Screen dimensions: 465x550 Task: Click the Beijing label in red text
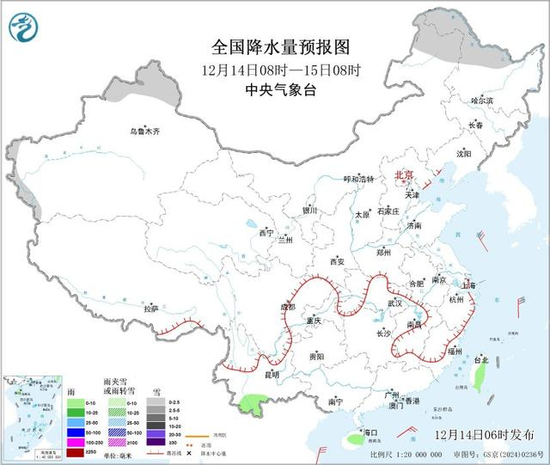click(x=404, y=175)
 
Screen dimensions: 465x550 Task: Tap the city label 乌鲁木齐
click(x=144, y=132)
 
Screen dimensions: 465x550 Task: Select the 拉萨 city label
click(x=151, y=308)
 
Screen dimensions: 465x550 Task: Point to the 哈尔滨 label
click(x=482, y=101)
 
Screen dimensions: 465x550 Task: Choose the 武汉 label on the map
click(x=395, y=303)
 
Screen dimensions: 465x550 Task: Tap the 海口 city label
click(x=371, y=431)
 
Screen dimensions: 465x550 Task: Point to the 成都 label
click(x=286, y=307)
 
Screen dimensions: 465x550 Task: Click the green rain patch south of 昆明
click(x=251, y=400)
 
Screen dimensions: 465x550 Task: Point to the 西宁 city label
click(x=266, y=232)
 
